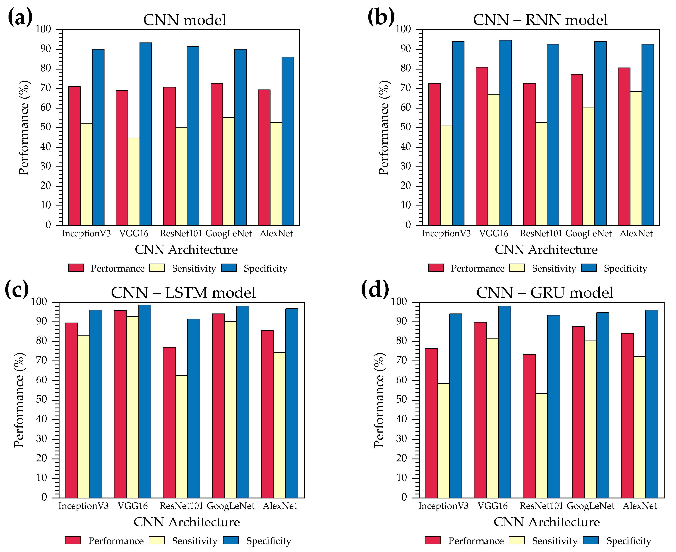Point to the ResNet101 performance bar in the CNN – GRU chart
pyautogui.click(x=529, y=426)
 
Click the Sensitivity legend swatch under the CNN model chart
pyautogui.click(x=157, y=268)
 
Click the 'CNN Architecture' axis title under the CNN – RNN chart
pyautogui.click(x=546, y=250)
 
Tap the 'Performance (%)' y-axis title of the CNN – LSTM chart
pyautogui.click(x=19, y=400)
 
